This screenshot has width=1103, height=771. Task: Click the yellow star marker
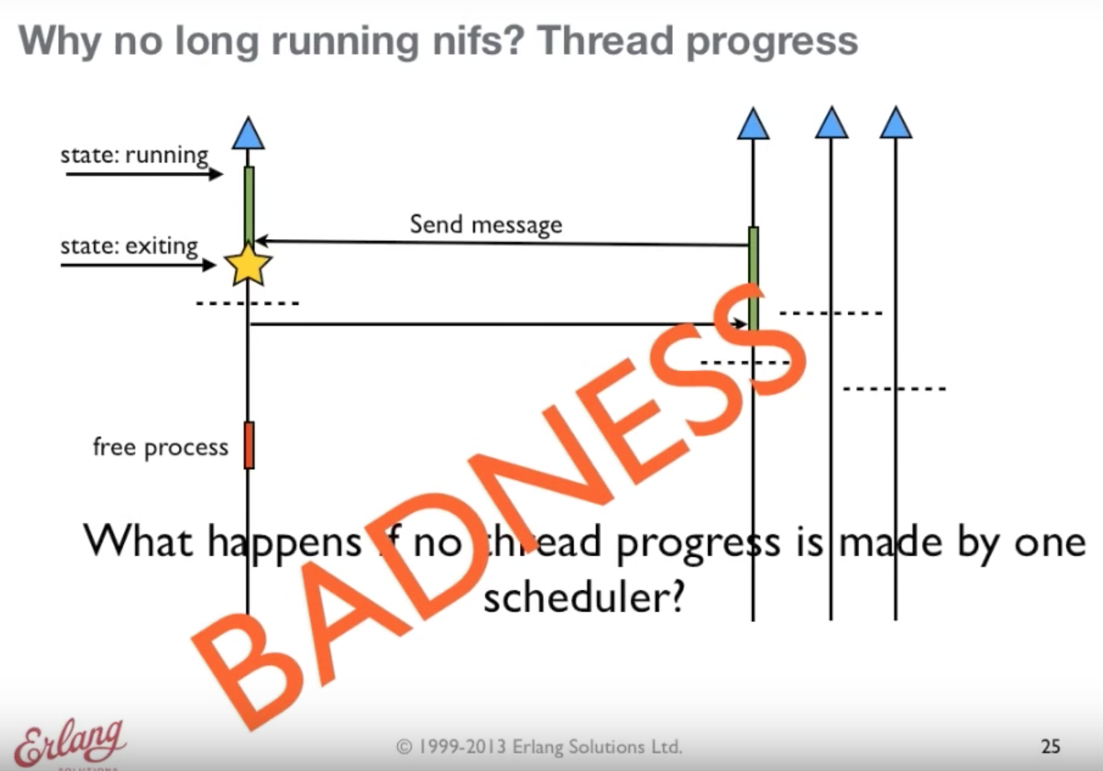click(x=248, y=265)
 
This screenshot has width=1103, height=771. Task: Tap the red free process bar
click(x=249, y=445)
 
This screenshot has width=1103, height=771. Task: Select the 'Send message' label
click(x=486, y=225)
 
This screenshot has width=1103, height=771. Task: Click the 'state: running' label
click(x=134, y=155)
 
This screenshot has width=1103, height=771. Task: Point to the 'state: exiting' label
click(x=129, y=247)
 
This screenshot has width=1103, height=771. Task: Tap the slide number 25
click(x=1050, y=747)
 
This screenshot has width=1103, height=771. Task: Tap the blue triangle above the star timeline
click(x=249, y=133)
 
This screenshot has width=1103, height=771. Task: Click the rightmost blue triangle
click(x=896, y=122)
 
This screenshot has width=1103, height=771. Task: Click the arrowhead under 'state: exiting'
click(x=209, y=265)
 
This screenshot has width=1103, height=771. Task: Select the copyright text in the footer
click(x=539, y=747)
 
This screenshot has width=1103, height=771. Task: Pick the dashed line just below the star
click(x=247, y=303)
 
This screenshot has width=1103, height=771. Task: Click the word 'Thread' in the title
click(x=606, y=41)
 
